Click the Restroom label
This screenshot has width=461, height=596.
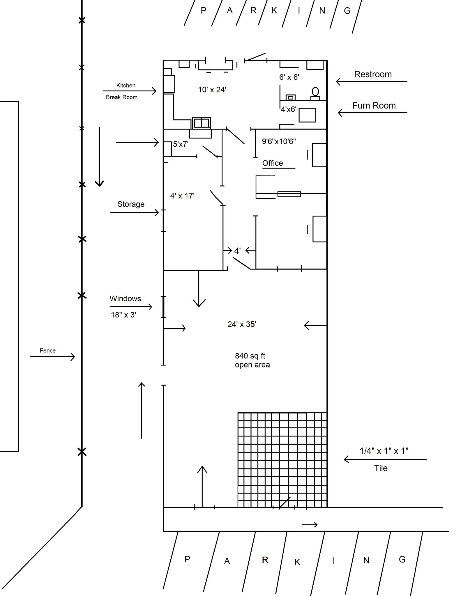point(373,74)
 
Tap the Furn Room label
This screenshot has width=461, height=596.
point(374,105)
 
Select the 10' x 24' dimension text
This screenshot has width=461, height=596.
point(212,90)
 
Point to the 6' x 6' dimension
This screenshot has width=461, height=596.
point(289,77)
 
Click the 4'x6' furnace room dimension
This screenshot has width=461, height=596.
point(288,109)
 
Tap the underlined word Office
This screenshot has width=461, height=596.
point(273,163)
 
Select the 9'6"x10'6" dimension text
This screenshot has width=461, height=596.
point(279,141)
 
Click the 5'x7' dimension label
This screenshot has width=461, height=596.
point(181,144)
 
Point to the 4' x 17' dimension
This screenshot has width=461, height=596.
point(182,196)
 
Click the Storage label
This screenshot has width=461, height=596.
point(131,204)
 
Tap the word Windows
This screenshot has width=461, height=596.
point(125,299)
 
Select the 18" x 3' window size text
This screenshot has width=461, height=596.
point(123,315)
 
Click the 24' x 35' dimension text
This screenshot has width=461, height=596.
point(242,324)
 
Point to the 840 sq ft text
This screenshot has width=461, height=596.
point(250,356)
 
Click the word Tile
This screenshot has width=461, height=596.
point(381,468)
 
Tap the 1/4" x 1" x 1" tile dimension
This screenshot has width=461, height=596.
point(384,451)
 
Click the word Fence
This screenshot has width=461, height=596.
point(47,350)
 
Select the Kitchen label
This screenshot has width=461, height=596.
point(126,85)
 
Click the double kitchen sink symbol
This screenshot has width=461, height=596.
point(201,123)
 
